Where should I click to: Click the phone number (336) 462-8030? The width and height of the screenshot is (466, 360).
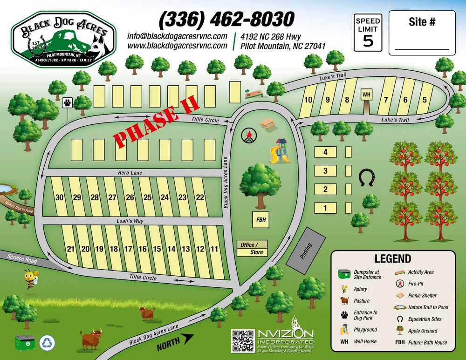point(226,20)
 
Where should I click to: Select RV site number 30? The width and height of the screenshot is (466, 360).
point(59,197)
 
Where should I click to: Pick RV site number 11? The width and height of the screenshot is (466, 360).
point(214,249)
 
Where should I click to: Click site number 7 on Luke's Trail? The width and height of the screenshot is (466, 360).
point(386,99)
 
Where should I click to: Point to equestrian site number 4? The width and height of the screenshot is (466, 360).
point(326,152)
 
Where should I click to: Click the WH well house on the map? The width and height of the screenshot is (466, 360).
point(366,95)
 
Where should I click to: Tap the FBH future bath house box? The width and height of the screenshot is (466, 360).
point(261,219)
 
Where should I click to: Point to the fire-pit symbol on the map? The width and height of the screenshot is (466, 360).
point(248,136)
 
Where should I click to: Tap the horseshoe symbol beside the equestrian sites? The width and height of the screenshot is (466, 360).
point(367,178)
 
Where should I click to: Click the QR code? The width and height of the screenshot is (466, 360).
point(243,341)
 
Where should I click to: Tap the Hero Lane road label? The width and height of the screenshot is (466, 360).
point(130,173)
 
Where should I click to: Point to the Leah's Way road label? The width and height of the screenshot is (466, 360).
point(130,221)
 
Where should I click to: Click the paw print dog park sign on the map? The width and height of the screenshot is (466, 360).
point(68,102)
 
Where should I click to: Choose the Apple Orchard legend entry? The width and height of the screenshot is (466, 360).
point(423,331)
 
